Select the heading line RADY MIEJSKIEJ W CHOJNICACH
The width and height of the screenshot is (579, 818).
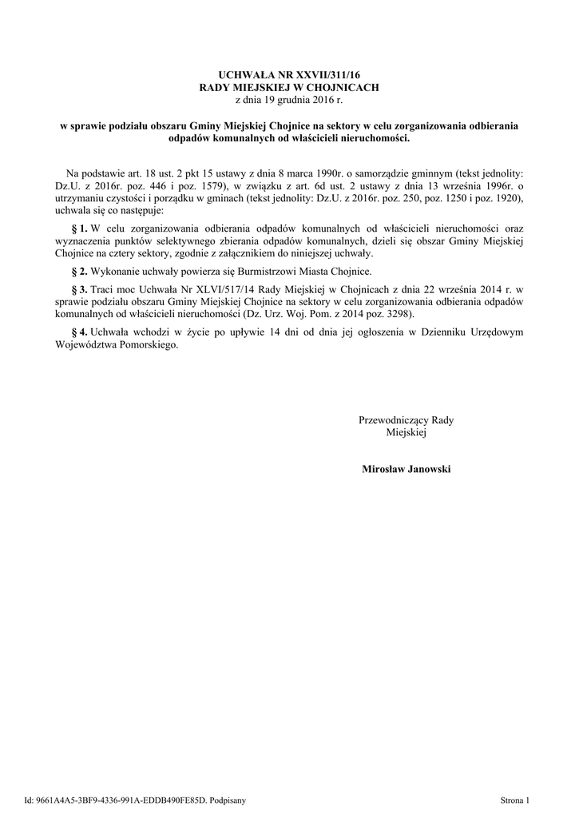[289, 86]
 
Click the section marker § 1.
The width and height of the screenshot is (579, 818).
[78, 228]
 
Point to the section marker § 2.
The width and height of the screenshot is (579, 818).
[78, 272]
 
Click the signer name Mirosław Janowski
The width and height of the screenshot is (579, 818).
[406, 469]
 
